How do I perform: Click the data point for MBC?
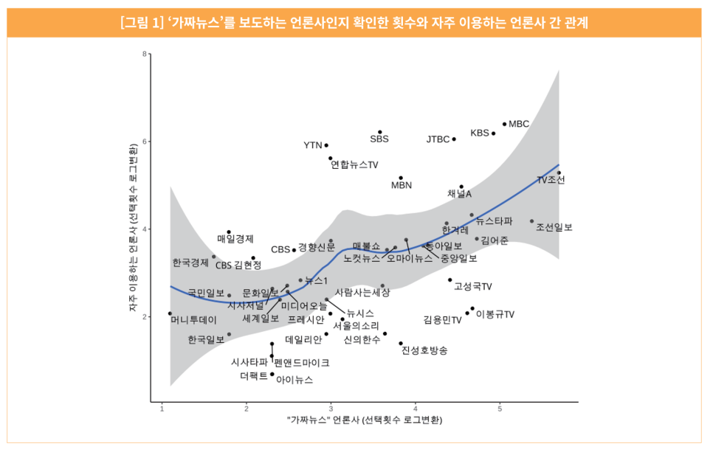(x=504, y=124)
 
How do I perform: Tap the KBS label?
(x=480, y=133)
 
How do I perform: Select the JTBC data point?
(x=454, y=139)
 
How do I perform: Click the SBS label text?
(x=379, y=139)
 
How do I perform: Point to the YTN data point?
(x=326, y=145)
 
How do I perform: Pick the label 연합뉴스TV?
(x=354, y=164)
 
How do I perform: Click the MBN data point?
(x=401, y=178)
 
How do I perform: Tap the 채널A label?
(x=459, y=194)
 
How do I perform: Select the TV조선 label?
(x=551, y=180)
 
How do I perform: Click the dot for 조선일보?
(x=531, y=221)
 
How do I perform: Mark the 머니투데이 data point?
(x=170, y=313)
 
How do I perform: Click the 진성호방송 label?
(x=424, y=350)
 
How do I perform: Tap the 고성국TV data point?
(x=449, y=279)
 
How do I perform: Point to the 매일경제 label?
(x=235, y=239)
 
